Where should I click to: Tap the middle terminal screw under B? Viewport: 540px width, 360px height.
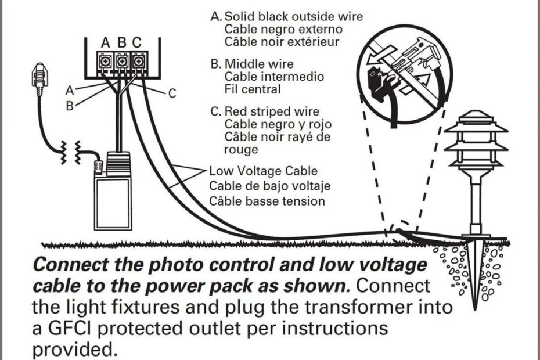121,60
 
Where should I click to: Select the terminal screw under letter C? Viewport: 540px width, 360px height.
137,60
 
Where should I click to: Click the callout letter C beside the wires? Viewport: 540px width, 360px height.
172,92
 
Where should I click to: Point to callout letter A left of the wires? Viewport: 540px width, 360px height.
70,90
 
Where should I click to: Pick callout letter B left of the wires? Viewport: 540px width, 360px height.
70,106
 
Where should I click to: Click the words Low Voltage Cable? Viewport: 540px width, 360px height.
263,171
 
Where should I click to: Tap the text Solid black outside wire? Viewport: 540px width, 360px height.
293,16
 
